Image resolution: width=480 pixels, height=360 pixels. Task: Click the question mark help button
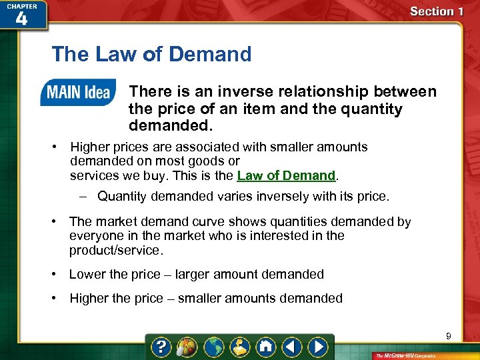point(161,347)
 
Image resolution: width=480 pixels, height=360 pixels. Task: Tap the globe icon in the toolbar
point(213,347)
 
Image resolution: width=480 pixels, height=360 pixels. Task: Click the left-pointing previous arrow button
point(292,347)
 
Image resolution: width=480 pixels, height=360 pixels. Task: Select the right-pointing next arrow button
point(319,347)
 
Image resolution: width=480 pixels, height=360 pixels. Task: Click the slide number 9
point(449,337)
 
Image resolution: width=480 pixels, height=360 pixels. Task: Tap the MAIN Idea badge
point(77,92)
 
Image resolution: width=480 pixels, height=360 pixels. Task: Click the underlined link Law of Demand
point(286,176)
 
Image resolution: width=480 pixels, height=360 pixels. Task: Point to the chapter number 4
point(21,19)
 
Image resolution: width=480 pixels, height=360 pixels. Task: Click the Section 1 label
point(437,11)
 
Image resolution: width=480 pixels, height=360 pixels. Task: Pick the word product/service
point(115,251)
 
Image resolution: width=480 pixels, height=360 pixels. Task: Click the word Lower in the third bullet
point(88,274)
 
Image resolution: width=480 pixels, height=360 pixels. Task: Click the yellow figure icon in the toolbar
point(239,347)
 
